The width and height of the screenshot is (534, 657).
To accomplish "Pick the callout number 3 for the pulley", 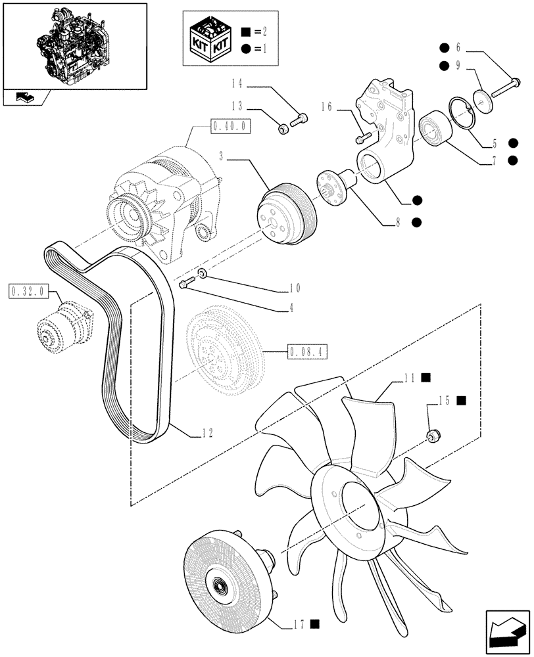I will (x=222, y=158).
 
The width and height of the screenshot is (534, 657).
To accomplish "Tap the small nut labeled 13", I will (x=282, y=129).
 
